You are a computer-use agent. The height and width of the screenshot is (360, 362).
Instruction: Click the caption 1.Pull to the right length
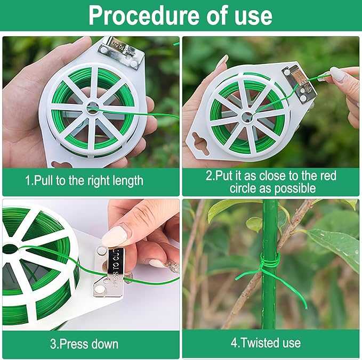tap(84, 181)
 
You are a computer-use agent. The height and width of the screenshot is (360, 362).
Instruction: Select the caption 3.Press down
tap(84, 343)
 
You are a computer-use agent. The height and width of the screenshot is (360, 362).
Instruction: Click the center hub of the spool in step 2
tap(246, 117)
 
